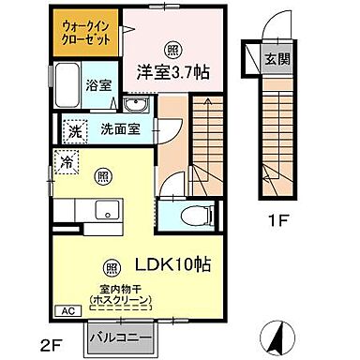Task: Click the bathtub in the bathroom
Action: point(67,87)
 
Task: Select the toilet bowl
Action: point(188,214)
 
